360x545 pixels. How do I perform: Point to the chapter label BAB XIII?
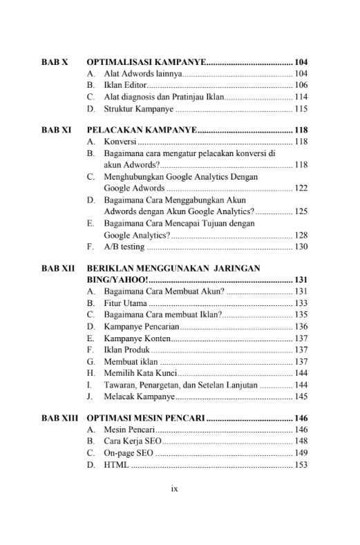click(x=59, y=417)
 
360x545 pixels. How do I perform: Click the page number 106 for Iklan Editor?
click(x=301, y=85)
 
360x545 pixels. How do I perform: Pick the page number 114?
click(x=301, y=97)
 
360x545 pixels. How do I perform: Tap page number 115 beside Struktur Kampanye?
click(x=301, y=108)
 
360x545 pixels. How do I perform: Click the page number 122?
click(x=301, y=188)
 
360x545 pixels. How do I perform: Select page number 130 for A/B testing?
click(x=301, y=247)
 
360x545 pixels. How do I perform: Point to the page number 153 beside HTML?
click(x=301, y=464)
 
